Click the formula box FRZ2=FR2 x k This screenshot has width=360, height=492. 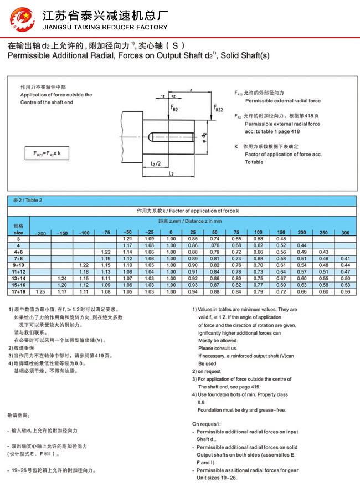coord(50,154)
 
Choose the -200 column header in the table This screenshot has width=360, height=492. coord(40,232)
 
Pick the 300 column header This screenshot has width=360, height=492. coord(346,232)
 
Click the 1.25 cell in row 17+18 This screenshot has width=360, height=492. coord(40,291)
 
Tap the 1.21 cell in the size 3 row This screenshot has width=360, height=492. coord(127,238)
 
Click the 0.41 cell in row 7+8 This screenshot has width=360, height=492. coord(346,258)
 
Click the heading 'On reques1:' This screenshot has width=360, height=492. coord(207,424)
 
